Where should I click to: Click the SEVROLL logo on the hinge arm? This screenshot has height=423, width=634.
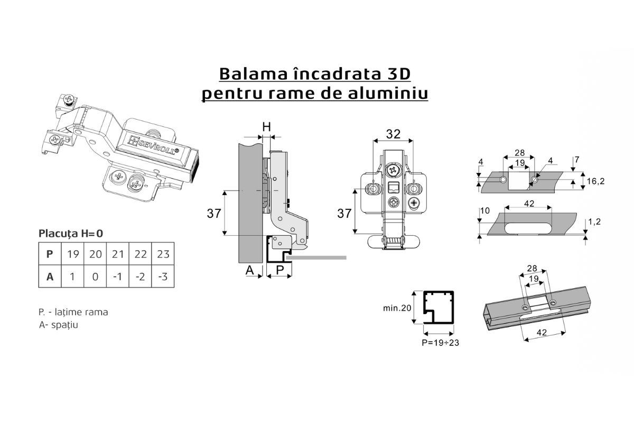click(x=153, y=145)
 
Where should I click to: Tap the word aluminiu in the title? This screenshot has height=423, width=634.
click(x=388, y=93)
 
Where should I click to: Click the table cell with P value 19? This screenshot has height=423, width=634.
click(x=73, y=254)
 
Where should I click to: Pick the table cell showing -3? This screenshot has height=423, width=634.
click(x=163, y=277)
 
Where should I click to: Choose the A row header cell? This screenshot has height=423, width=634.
click(x=50, y=277)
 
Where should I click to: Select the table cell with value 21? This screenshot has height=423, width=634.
click(x=118, y=254)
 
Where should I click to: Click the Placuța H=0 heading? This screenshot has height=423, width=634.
click(x=71, y=234)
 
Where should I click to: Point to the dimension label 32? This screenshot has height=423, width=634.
click(x=393, y=134)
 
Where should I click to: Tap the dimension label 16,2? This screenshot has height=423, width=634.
click(x=595, y=181)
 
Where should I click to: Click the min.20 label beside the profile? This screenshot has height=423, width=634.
click(x=397, y=308)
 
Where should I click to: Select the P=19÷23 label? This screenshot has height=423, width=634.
click(x=441, y=343)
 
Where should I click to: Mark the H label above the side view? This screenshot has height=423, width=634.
click(x=267, y=127)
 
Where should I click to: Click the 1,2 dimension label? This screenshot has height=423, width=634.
click(x=594, y=222)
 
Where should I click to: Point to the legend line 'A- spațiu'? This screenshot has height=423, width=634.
click(x=58, y=325)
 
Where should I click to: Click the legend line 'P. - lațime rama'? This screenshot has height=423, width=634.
click(x=73, y=312)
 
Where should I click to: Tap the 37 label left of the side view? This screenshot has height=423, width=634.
click(x=213, y=213)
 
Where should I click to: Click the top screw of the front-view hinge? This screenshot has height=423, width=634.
click(x=393, y=170)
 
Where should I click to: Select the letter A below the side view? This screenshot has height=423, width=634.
click(x=249, y=270)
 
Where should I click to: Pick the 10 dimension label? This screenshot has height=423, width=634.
click(x=485, y=210)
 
